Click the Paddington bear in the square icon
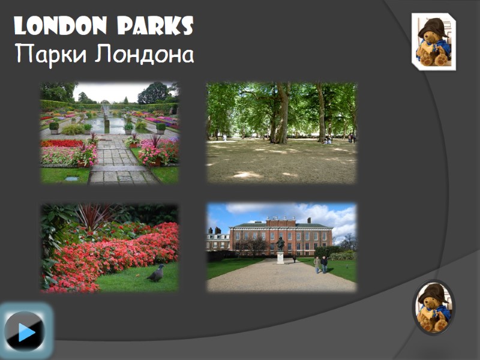[x=433, y=42]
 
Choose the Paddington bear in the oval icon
[x=433, y=307]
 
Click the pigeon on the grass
[x=156, y=273]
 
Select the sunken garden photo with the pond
[x=109, y=133]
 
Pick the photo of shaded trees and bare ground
[x=281, y=133]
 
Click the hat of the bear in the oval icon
[x=433, y=292]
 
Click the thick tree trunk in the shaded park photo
[x=282, y=117]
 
